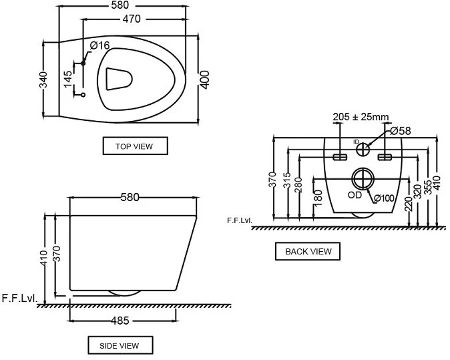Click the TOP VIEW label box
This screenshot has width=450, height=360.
click(x=135, y=146)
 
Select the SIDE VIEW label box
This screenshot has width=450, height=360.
click(x=120, y=345)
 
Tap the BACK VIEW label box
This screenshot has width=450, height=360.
click(x=308, y=251)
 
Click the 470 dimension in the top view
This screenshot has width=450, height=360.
click(x=132, y=19)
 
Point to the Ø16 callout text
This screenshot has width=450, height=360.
click(x=100, y=45)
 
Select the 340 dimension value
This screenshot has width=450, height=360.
click(x=43, y=79)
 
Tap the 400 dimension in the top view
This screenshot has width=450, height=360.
click(x=204, y=79)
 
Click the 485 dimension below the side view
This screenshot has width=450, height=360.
click(x=120, y=321)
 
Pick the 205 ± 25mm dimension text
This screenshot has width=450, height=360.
click(x=361, y=117)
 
